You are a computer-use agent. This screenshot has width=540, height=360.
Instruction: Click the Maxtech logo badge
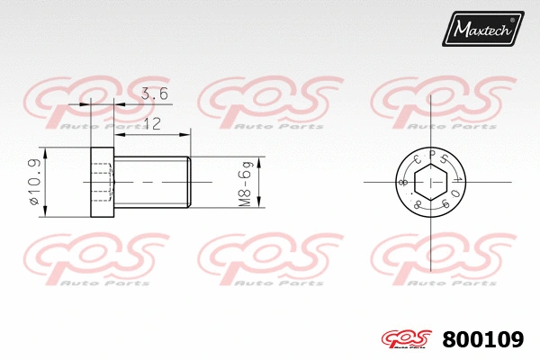pyautogui.click(x=481, y=30)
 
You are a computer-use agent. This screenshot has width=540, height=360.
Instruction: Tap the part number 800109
pyautogui.click(x=483, y=340)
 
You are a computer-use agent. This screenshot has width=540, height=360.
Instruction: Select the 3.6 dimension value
pyautogui.click(x=153, y=94)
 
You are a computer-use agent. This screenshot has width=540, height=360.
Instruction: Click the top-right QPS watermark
pyautogui.click(x=435, y=102)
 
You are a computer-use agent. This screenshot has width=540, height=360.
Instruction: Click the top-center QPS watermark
pyautogui.click(x=261, y=102)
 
